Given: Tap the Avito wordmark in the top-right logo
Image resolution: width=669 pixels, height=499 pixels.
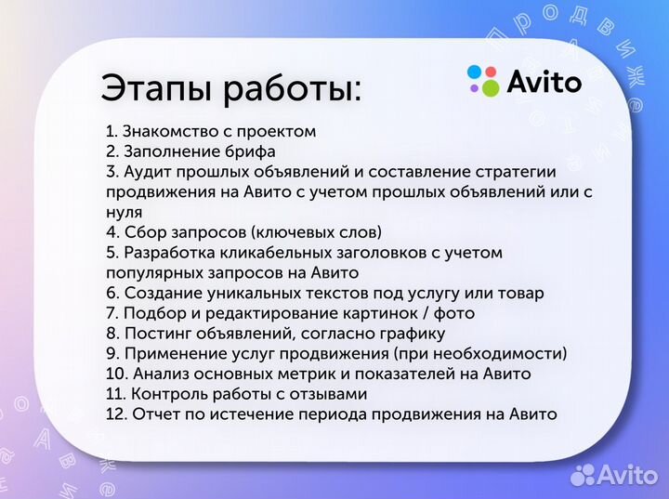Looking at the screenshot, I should click(544, 82).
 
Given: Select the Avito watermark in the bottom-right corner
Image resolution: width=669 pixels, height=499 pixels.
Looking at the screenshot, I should click(614, 475).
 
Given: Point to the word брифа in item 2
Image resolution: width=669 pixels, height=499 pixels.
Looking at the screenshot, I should click(248, 151).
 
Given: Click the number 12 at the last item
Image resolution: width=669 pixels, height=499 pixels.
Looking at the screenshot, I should click(114, 414).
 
